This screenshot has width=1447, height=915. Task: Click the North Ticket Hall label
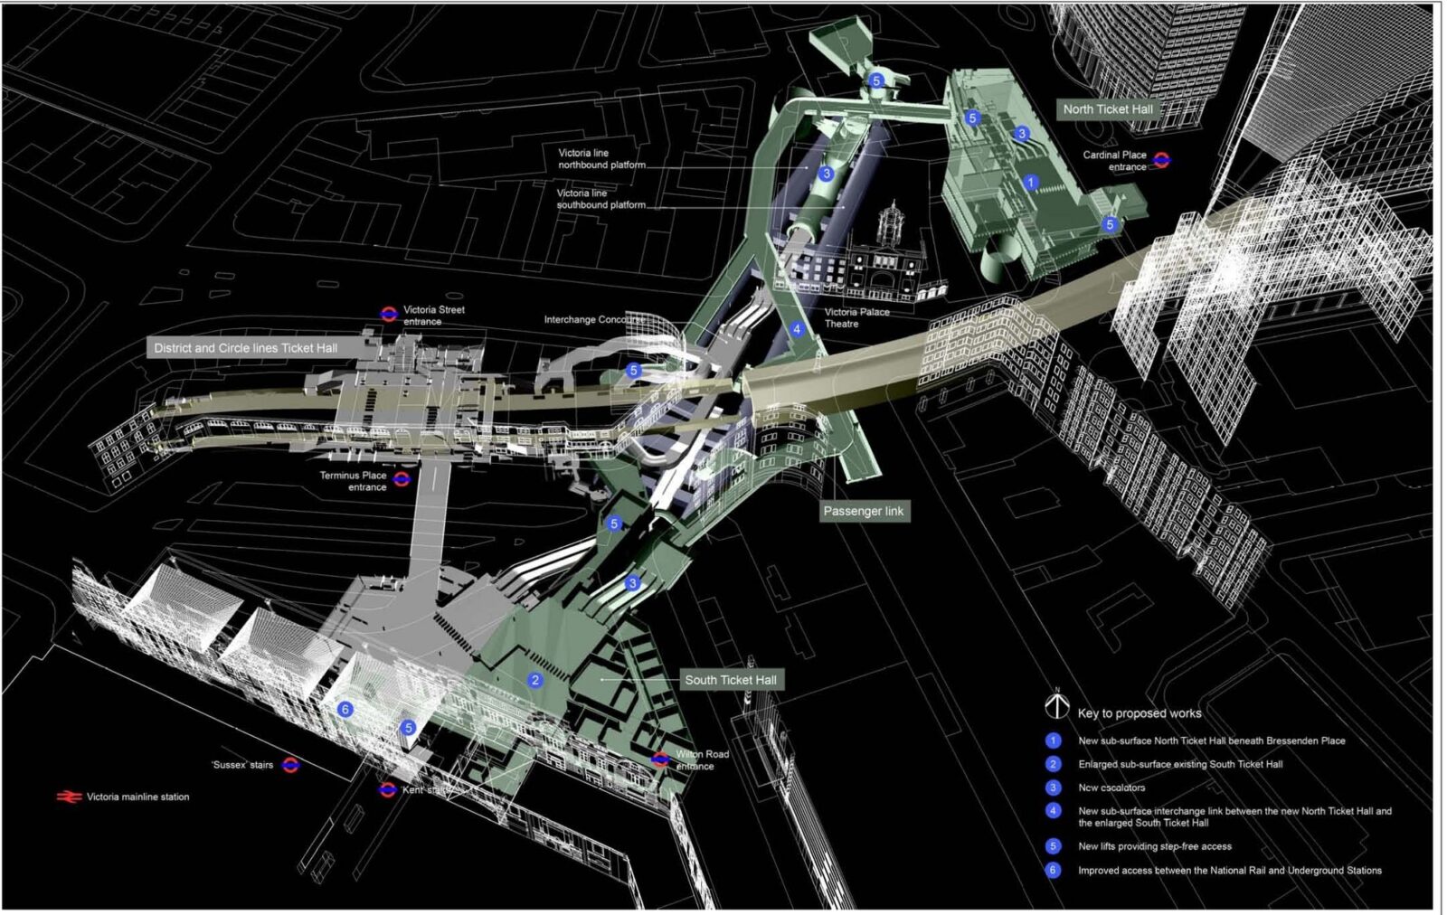(1107, 109)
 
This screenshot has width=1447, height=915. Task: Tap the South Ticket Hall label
(730, 680)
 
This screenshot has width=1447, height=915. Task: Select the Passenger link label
(863, 511)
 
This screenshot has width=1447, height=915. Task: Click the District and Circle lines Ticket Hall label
(245, 348)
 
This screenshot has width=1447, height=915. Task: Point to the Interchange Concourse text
(593, 320)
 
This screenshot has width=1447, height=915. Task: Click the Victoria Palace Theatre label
(856, 317)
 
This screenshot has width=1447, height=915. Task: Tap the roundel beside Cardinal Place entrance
(1161, 160)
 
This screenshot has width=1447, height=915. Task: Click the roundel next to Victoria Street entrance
(389, 314)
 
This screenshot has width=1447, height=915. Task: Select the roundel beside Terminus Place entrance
(402, 479)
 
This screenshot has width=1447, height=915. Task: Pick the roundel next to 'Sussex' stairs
(290, 765)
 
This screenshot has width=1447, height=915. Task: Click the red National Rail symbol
(69, 797)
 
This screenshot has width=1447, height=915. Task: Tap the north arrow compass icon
(1056, 705)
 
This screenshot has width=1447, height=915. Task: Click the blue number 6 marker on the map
(345, 710)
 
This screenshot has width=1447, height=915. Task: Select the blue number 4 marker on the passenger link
(797, 329)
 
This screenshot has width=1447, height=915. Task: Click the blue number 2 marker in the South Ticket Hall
(535, 680)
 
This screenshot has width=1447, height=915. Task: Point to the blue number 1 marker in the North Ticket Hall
(1030, 183)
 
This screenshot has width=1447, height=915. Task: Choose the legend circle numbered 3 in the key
(1053, 788)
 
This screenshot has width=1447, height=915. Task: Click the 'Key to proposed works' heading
(1139, 713)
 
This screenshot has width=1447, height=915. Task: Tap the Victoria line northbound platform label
(601, 159)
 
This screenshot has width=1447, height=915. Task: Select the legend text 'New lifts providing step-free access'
(1154, 846)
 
